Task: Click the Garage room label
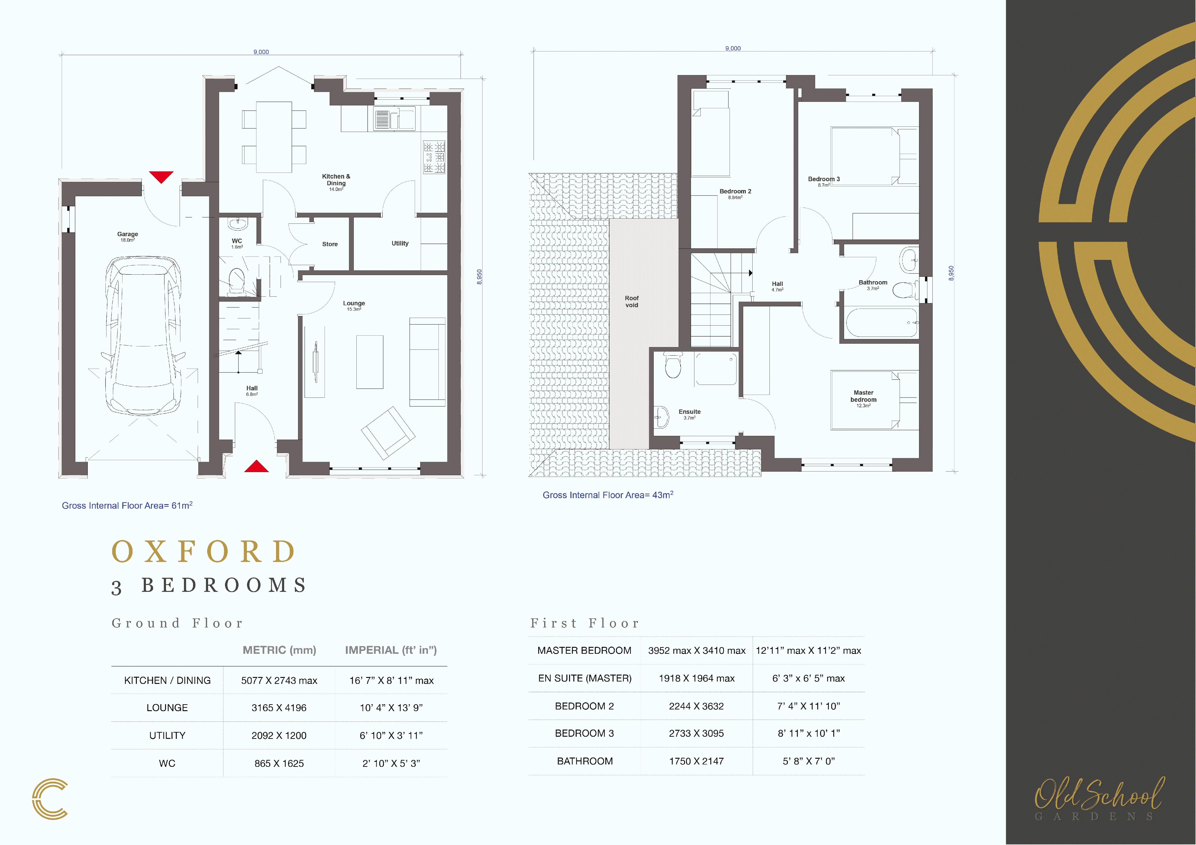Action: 128,234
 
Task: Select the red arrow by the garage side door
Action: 161,177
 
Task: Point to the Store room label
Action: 330,244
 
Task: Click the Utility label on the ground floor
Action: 400,243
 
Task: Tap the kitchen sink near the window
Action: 394,119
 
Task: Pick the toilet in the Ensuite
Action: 673,365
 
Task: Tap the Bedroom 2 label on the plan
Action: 736,192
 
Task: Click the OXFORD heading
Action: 204,552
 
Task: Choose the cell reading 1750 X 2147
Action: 697,761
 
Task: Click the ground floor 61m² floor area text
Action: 127,506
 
